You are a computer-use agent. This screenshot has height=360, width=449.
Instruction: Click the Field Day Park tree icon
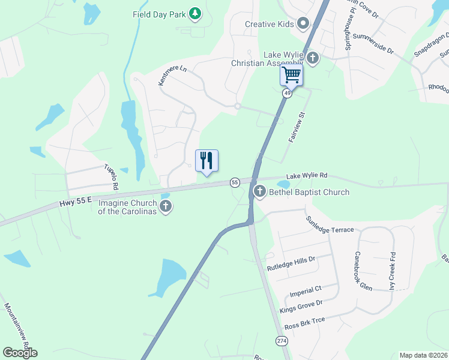[194, 13]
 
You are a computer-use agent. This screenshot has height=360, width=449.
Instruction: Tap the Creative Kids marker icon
[303, 25]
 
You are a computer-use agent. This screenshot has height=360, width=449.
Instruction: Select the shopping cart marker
[291, 75]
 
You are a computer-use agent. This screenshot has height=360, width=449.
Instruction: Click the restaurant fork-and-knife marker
[206, 160]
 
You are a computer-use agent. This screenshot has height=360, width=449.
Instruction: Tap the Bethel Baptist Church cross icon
[260, 192]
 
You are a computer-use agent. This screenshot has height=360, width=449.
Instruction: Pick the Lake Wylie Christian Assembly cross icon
[312, 58]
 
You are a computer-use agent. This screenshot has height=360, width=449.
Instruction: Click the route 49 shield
[288, 94]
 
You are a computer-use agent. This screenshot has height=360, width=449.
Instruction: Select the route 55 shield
[235, 182]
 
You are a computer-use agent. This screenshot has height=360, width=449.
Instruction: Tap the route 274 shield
[282, 341]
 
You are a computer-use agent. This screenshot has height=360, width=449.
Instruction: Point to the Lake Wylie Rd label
[307, 176]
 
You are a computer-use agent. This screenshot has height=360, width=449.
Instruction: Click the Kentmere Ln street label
[173, 76]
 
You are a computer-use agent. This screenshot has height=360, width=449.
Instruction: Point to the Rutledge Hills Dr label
[291, 262]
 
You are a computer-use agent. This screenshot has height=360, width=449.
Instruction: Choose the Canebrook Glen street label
[364, 271]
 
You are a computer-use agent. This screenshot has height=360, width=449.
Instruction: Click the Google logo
[20, 353]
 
